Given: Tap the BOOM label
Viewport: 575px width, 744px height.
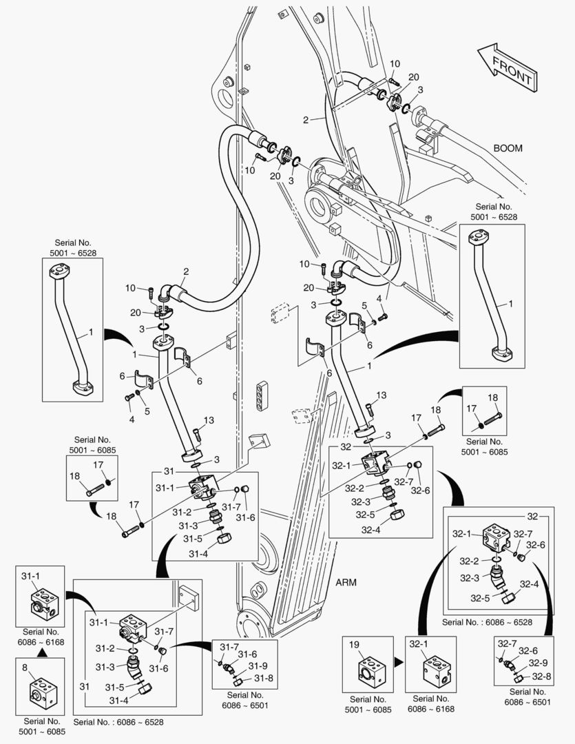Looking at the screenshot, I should tap(508, 148).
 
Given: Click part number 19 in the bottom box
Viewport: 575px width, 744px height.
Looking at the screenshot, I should tap(355, 645).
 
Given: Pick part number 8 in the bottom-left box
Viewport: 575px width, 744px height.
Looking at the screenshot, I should tap(25, 667).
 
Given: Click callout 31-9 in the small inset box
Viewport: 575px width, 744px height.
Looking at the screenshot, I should tap(258, 665).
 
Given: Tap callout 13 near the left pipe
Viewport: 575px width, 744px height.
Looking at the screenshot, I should tap(209, 420).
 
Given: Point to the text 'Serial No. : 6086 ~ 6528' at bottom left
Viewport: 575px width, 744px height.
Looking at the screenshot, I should tap(118, 722).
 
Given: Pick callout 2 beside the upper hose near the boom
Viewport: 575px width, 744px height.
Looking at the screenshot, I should tap(306, 119).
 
